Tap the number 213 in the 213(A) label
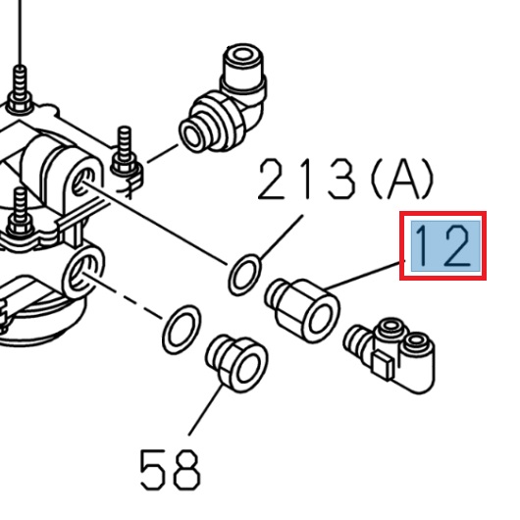point(305,181)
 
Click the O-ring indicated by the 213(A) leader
point(245,274)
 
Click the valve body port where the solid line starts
point(84,178)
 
